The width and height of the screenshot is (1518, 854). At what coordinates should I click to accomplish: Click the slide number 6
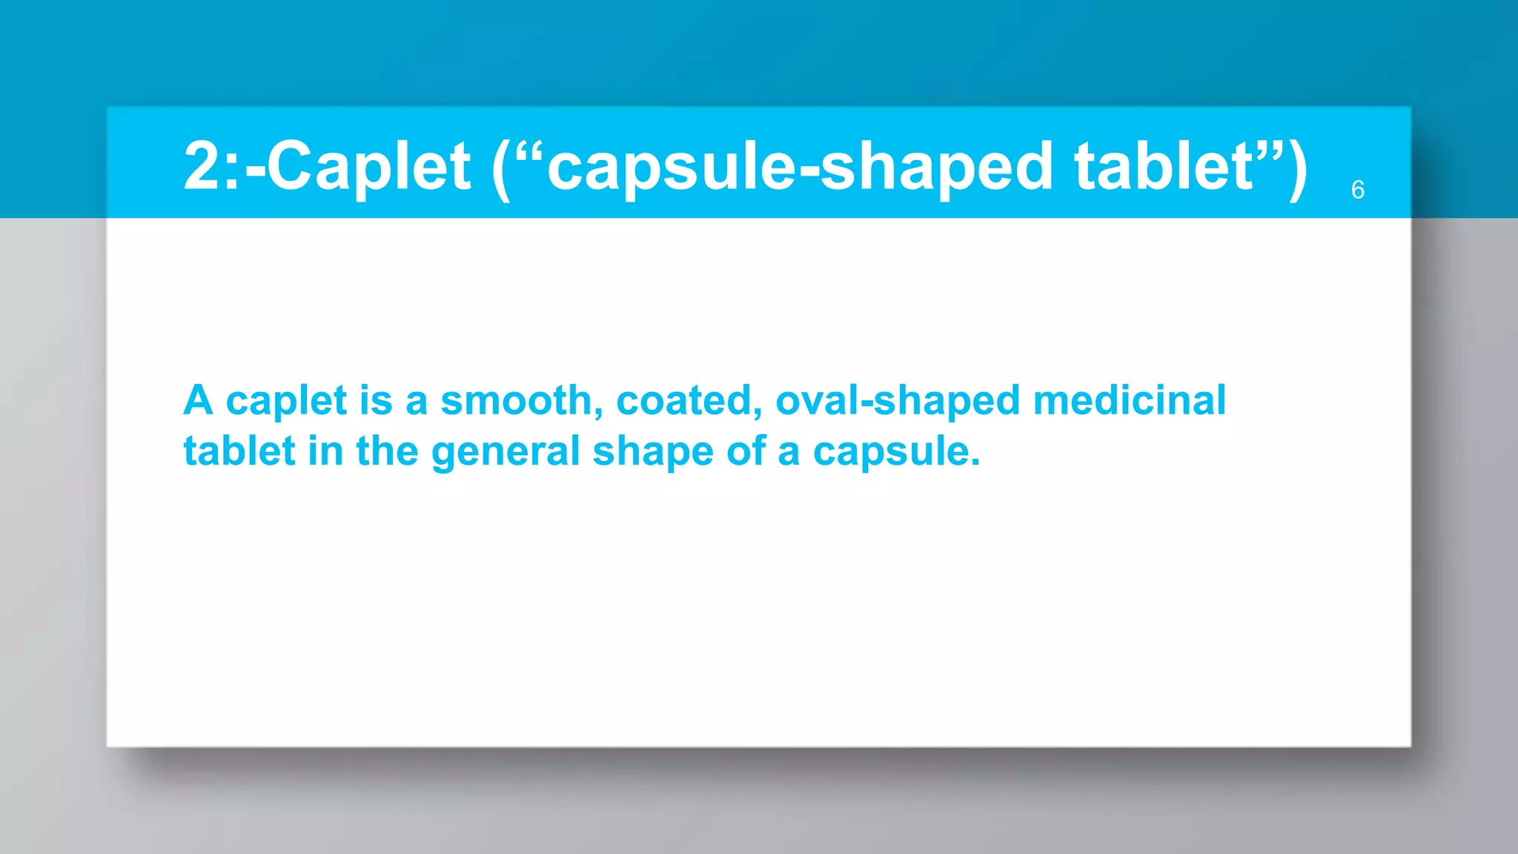point(1357,190)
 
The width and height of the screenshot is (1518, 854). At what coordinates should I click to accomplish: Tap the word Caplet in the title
point(368,166)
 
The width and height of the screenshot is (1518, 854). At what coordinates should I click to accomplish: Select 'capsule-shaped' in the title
point(800,166)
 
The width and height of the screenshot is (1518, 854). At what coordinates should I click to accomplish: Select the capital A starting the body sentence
point(199,400)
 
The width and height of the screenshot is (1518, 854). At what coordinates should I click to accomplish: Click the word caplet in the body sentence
point(286,402)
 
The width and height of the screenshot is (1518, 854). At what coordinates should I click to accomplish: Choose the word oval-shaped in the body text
point(898,402)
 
